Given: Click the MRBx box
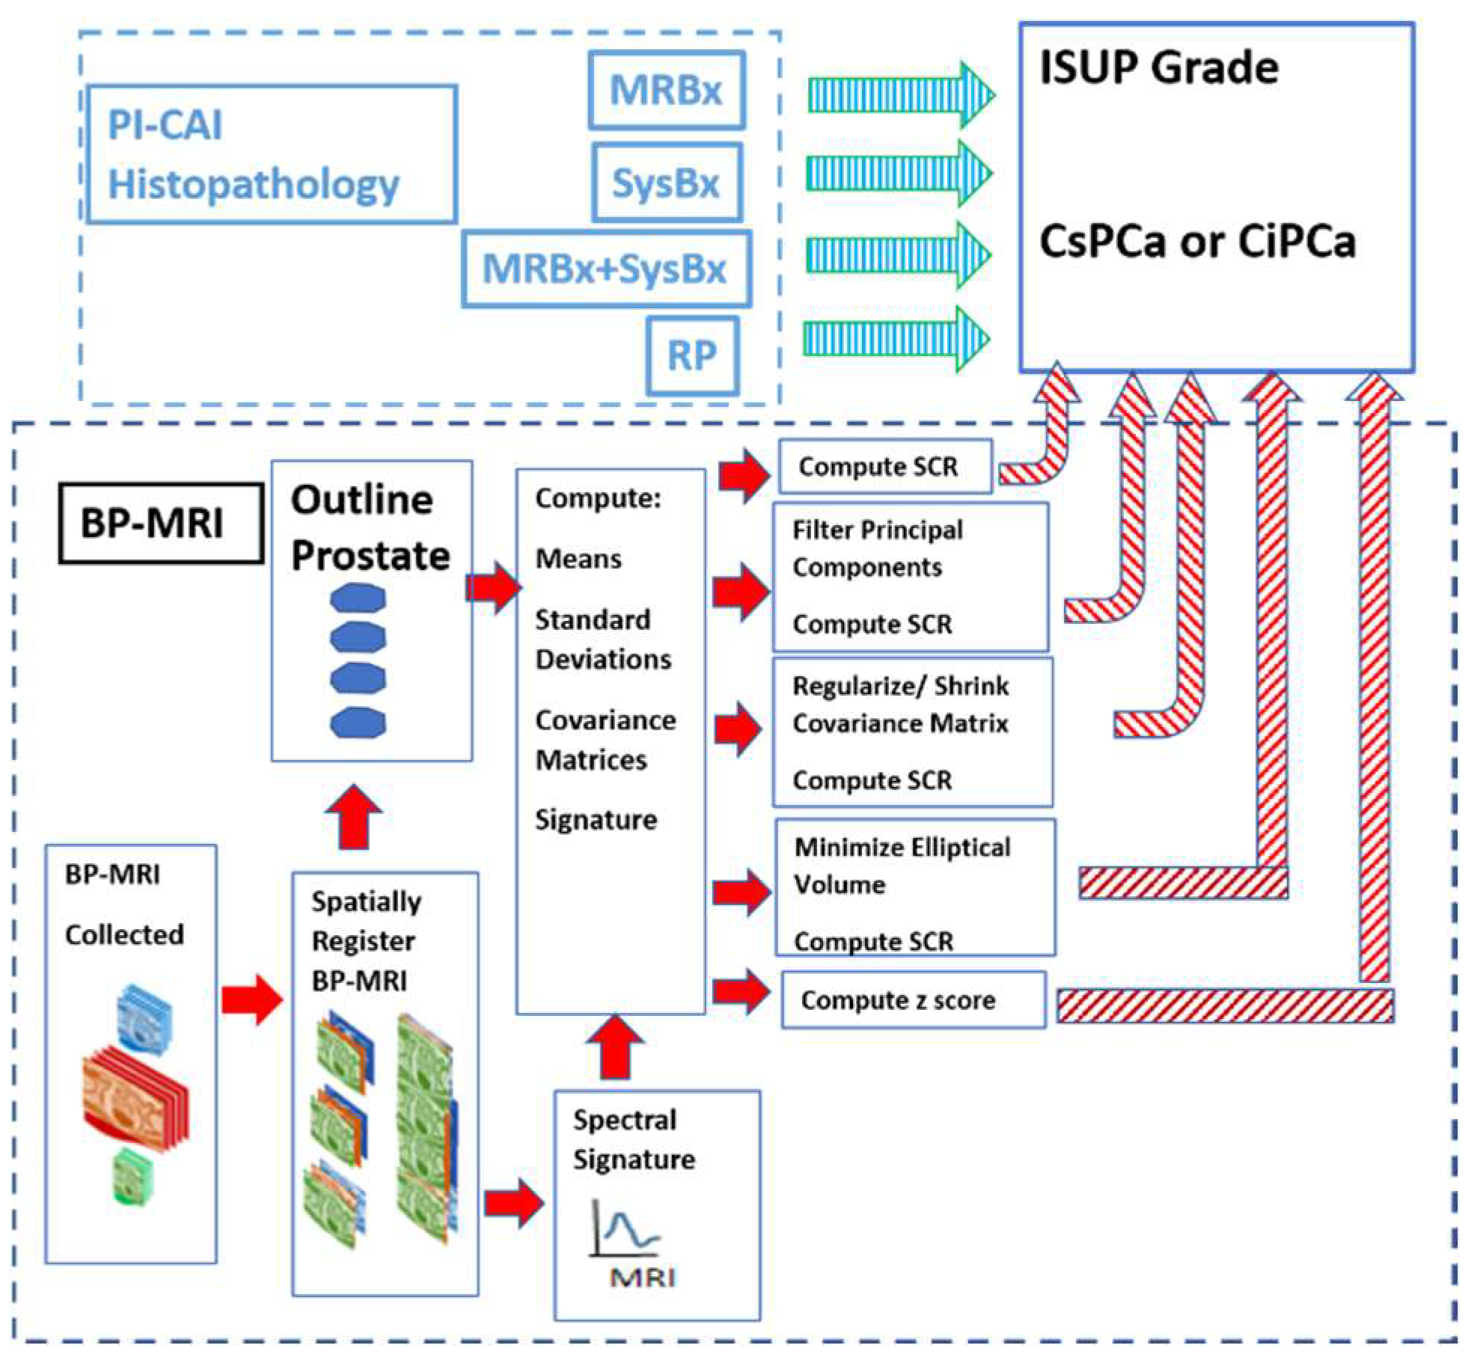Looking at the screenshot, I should point(666,90).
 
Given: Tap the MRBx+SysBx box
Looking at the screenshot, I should point(605,269).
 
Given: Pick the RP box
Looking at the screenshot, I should point(692,355).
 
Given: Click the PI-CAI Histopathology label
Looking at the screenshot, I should point(254,154).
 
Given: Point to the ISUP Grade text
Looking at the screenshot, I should point(1158,67).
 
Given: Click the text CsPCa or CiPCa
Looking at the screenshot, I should point(1197,242).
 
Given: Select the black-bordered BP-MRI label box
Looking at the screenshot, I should point(161,523).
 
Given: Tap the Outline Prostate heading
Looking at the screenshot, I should point(370,527).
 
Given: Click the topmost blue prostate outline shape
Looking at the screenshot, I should point(358,598).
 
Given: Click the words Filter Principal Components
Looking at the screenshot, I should point(878,548).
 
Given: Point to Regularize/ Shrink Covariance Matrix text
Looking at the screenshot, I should point(900,704).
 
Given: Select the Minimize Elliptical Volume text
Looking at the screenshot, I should point(902,866).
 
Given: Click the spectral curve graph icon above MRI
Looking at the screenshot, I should point(625,1227).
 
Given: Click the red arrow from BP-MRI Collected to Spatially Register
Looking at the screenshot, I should point(252,999).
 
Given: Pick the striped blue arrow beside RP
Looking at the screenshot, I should point(896,339).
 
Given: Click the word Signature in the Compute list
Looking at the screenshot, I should point(596,820).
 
